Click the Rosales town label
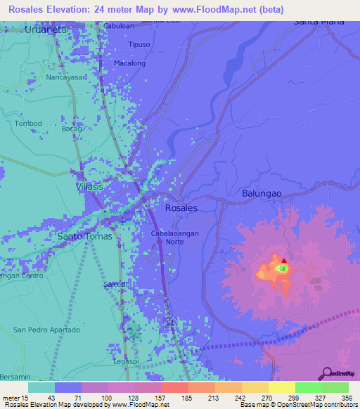tap(181, 208)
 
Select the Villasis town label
tap(89, 188)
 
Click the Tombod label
tap(28, 124)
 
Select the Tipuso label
tap(139, 44)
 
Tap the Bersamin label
tap(14, 377)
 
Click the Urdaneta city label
tap(46, 30)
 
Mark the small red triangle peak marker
tap(284, 261)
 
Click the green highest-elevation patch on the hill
tap(282, 268)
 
